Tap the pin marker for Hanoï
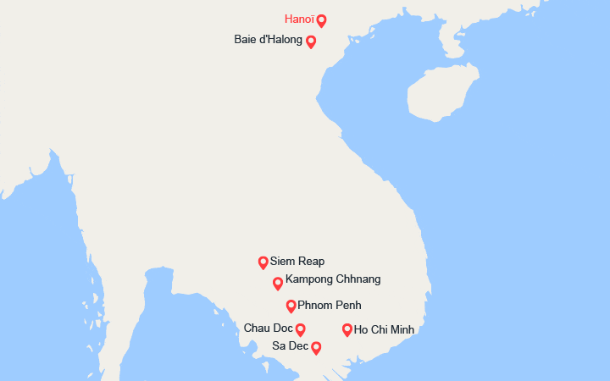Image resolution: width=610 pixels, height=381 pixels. [321, 20]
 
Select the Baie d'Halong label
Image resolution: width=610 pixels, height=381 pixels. [268, 40]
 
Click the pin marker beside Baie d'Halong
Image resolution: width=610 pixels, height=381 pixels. [311, 41]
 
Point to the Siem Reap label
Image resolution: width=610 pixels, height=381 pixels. [297, 262]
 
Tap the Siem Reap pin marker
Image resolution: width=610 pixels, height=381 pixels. [263, 262]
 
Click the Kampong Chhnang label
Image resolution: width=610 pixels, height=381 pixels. [333, 279]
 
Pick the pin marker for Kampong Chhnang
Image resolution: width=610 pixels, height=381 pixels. [278, 283]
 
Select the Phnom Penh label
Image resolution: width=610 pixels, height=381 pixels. [330, 305]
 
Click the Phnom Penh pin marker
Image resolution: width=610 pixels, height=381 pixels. [291, 306]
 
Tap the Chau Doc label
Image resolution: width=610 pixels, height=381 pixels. [268, 328]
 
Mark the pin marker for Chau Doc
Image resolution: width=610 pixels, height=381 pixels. [300, 329]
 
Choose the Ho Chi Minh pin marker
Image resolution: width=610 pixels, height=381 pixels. [347, 329]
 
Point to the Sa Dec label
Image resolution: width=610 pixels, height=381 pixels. [291, 345]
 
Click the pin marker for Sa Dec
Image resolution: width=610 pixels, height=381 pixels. [316, 347]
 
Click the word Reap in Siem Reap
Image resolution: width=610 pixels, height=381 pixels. [311, 262]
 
